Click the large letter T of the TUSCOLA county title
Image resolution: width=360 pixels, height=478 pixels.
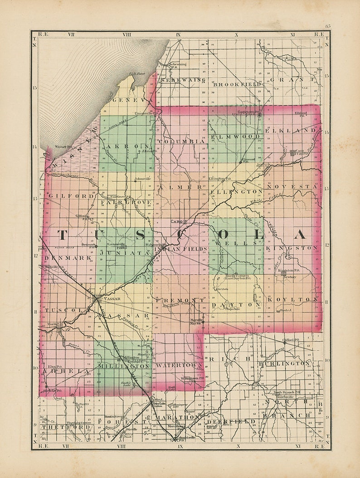coord(62,235)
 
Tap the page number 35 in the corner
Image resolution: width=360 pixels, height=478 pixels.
coord(327,26)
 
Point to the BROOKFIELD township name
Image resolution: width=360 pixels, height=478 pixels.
coord(237,84)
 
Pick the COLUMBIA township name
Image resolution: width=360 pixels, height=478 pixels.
coord(182,141)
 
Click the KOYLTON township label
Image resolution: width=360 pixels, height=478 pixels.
coord(292,299)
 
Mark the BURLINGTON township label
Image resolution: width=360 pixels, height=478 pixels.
coord(284,363)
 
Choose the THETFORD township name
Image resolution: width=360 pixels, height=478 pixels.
coord(59,427)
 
